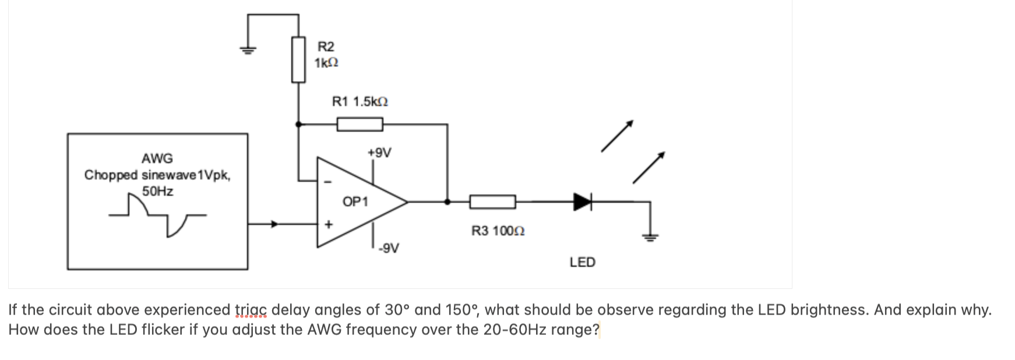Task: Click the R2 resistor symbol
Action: (x=298, y=59)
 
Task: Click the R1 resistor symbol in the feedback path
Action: (x=360, y=123)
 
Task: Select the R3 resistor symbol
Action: (x=492, y=202)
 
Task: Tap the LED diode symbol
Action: (x=582, y=202)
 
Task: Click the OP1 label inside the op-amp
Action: (x=355, y=202)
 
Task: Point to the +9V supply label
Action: (x=379, y=153)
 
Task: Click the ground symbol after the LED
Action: (x=650, y=235)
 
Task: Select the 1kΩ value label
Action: (x=326, y=62)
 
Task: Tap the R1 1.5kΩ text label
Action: (x=360, y=101)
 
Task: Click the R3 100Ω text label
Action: (x=498, y=231)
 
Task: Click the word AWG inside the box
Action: (x=157, y=158)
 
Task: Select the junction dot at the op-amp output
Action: (x=447, y=202)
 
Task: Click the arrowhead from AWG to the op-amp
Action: (x=276, y=223)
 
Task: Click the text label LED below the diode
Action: (x=582, y=262)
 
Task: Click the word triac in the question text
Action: (x=251, y=310)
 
